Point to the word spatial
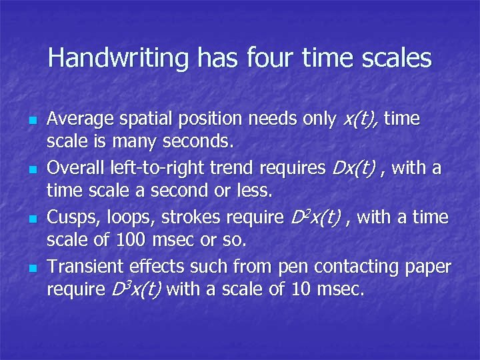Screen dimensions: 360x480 [x=142, y=120]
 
